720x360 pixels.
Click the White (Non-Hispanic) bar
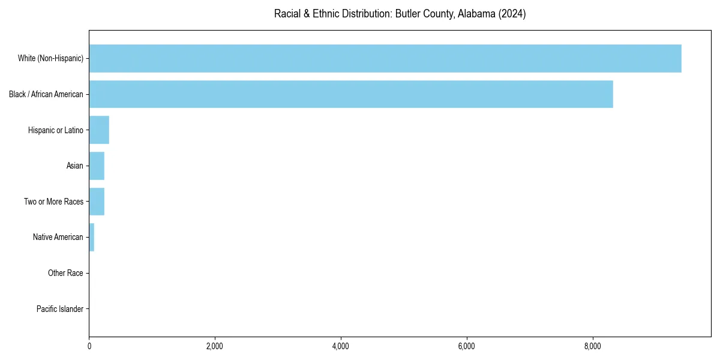coord(385,58)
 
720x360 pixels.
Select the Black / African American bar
coord(351,94)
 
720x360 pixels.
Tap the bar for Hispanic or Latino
coord(99,130)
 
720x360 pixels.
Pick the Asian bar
coord(97,166)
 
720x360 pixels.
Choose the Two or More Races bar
coord(97,202)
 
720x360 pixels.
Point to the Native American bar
coord(92,237)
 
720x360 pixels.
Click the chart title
coord(400,14)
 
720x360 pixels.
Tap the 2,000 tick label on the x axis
coord(215,346)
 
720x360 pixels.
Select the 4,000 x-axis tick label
coord(341,346)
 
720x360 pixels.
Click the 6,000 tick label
coord(466,346)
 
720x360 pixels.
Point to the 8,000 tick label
coord(592,346)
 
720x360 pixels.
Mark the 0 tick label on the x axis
coord(89,346)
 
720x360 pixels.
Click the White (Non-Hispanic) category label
coord(50,58)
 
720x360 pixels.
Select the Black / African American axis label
coord(46,94)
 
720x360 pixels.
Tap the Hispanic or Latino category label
coord(56,130)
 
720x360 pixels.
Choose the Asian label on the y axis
coord(75,166)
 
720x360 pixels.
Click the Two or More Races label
coord(53,202)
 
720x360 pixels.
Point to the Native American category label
coord(58,237)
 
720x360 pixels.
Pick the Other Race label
coord(65,273)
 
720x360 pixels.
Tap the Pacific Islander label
coord(60,309)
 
